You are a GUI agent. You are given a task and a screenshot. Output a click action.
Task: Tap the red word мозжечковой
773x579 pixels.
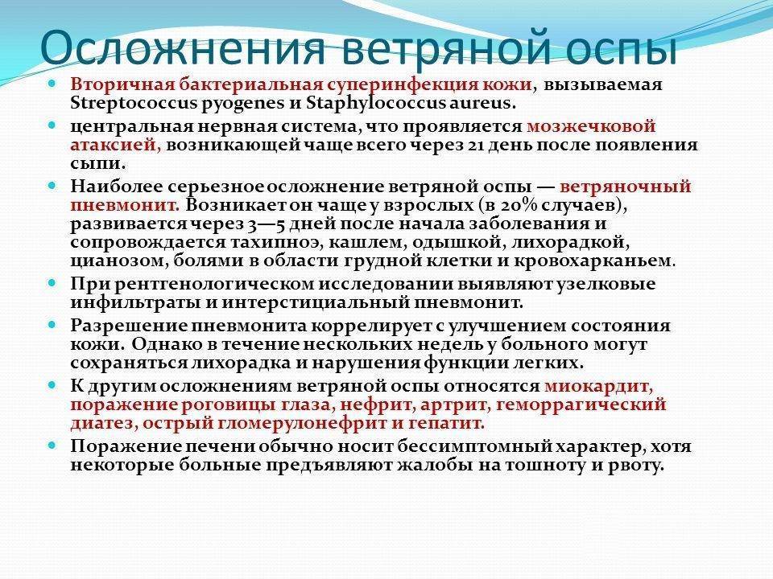click(591, 126)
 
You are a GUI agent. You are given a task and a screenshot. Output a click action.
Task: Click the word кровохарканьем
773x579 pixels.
click(610, 261)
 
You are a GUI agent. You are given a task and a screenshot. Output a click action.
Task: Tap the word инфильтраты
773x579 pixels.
click(130, 303)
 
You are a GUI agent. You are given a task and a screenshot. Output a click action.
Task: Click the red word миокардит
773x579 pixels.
click(599, 386)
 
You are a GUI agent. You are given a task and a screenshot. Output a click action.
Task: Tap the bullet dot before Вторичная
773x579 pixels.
click(53, 84)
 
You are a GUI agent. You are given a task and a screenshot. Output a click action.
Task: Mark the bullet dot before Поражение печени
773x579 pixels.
click(53, 445)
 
